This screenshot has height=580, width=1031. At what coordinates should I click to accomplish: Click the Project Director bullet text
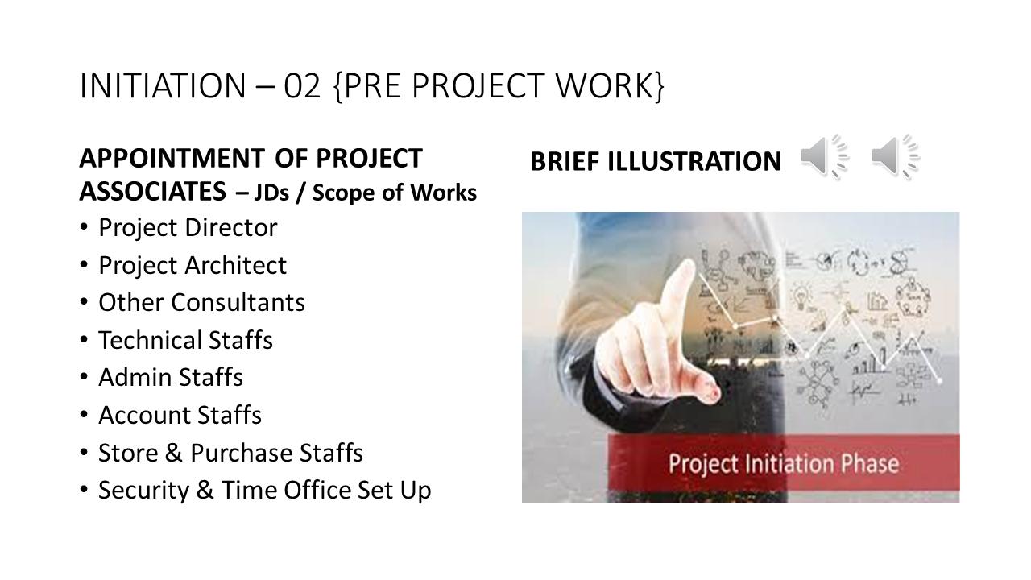[188, 228]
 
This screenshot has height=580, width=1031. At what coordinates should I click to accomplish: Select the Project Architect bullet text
[193, 265]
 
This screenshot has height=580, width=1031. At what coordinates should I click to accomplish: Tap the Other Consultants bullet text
[201, 303]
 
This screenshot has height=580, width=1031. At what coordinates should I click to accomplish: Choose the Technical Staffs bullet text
[185, 340]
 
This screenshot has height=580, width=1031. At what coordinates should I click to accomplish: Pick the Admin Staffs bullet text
[171, 378]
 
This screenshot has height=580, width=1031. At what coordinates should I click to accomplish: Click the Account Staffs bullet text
[180, 415]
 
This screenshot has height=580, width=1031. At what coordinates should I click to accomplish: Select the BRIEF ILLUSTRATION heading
[655, 162]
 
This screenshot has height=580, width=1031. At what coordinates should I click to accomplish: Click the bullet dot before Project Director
[85, 228]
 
